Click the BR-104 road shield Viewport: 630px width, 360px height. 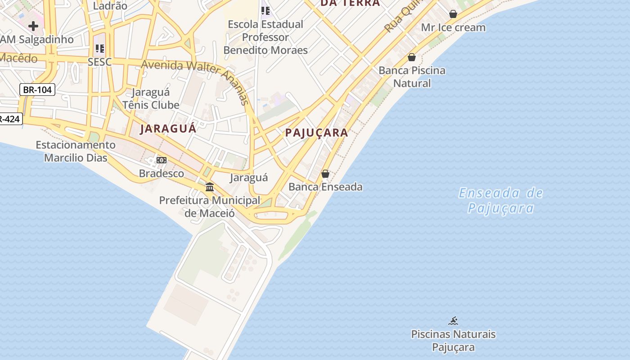click(37, 90)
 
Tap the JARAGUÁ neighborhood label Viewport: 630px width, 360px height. click(168, 129)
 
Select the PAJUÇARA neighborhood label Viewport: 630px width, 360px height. click(317, 132)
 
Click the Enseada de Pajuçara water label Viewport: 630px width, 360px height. click(500, 201)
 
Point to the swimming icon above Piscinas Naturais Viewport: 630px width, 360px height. click(453, 321)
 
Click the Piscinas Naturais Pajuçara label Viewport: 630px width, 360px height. click(453, 341)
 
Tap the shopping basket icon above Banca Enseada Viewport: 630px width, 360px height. click(325, 174)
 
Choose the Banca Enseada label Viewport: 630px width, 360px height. click(325, 187)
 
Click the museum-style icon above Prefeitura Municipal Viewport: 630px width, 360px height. click(210, 186)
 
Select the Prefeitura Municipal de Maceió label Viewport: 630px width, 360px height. click(210, 207)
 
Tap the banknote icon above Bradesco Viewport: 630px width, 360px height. click(161, 160)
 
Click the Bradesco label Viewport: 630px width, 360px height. click(161, 173)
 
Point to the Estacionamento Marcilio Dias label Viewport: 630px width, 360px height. click(76, 151)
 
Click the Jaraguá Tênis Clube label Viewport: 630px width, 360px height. click(151, 99)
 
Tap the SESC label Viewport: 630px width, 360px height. click(99, 62)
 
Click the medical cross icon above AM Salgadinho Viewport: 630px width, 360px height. click(33, 26)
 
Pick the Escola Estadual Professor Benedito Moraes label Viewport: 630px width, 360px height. click(265, 37)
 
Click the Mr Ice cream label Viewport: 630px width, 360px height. click(453, 27)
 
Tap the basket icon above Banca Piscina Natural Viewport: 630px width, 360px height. click(411, 57)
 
